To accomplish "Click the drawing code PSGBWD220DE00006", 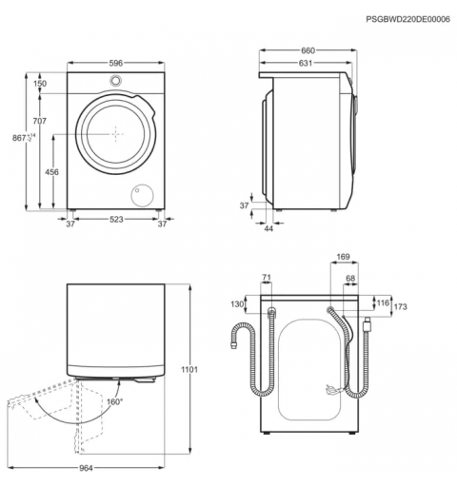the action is pyautogui.click(x=407, y=19).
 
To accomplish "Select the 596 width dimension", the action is pyautogui.click(x=116, y=63).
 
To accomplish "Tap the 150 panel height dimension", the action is pyautogui.click(x=40, y=84).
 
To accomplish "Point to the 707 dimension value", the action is pyautogui.click(x=40, y=121).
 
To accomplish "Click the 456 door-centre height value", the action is pyautogui.click(x=51, y=172).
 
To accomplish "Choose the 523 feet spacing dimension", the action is pyautogui.click(x=116, y=219).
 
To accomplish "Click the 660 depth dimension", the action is pyautogui.click(x=308, y=50).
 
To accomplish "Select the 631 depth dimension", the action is pyautogui.click(x=306, y=63).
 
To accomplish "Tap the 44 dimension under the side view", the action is pyautogui.click(x=268, y=228).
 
